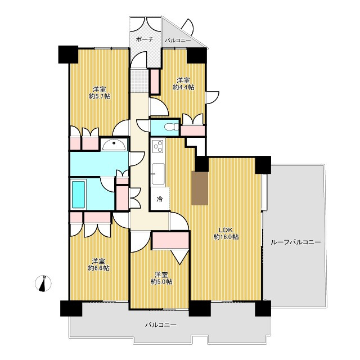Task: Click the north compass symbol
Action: point(43,283)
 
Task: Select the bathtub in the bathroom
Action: point(79,195)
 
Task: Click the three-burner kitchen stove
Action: point(158,146)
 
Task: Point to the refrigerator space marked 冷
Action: point(159,199)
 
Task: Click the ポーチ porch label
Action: point(145,39)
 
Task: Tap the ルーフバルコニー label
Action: point(295,242)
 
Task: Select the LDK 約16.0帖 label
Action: point(226,233)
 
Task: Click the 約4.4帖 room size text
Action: point(183,87)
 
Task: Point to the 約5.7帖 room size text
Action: point(100,96)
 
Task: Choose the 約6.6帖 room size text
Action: point(99,268)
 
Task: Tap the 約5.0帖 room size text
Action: point(161,281)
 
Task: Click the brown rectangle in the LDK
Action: point(200,188)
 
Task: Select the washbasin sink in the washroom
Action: point(114,145)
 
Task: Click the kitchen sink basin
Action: point(159,174)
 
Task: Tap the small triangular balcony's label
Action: point(178,40)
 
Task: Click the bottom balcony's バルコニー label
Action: point(161,325)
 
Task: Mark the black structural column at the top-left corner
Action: point(68,55)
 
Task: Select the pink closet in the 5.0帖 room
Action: point(170,240)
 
